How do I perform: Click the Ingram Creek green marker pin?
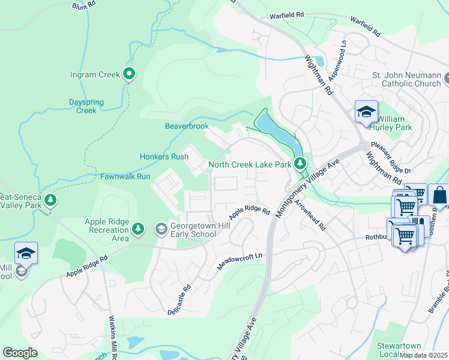129,74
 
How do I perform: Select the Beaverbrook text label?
187,126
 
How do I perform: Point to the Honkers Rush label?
164,157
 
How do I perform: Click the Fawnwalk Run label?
125,176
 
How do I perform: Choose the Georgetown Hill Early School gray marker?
161,229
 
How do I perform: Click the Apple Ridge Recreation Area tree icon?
138,229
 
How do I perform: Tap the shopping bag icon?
439,196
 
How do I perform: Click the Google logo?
20,353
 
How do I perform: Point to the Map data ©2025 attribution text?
423,355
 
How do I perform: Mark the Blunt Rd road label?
84,5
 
